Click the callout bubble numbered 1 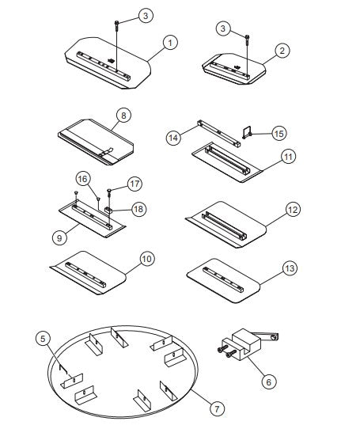click(168, 42)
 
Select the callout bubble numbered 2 click(280, 50)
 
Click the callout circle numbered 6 click(268, 381)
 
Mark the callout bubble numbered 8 click(123, 116)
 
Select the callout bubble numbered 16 click(82, 176)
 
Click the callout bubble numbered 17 click(135, 184)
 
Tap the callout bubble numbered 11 click(288, 157)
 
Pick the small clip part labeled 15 click(248, 133)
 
